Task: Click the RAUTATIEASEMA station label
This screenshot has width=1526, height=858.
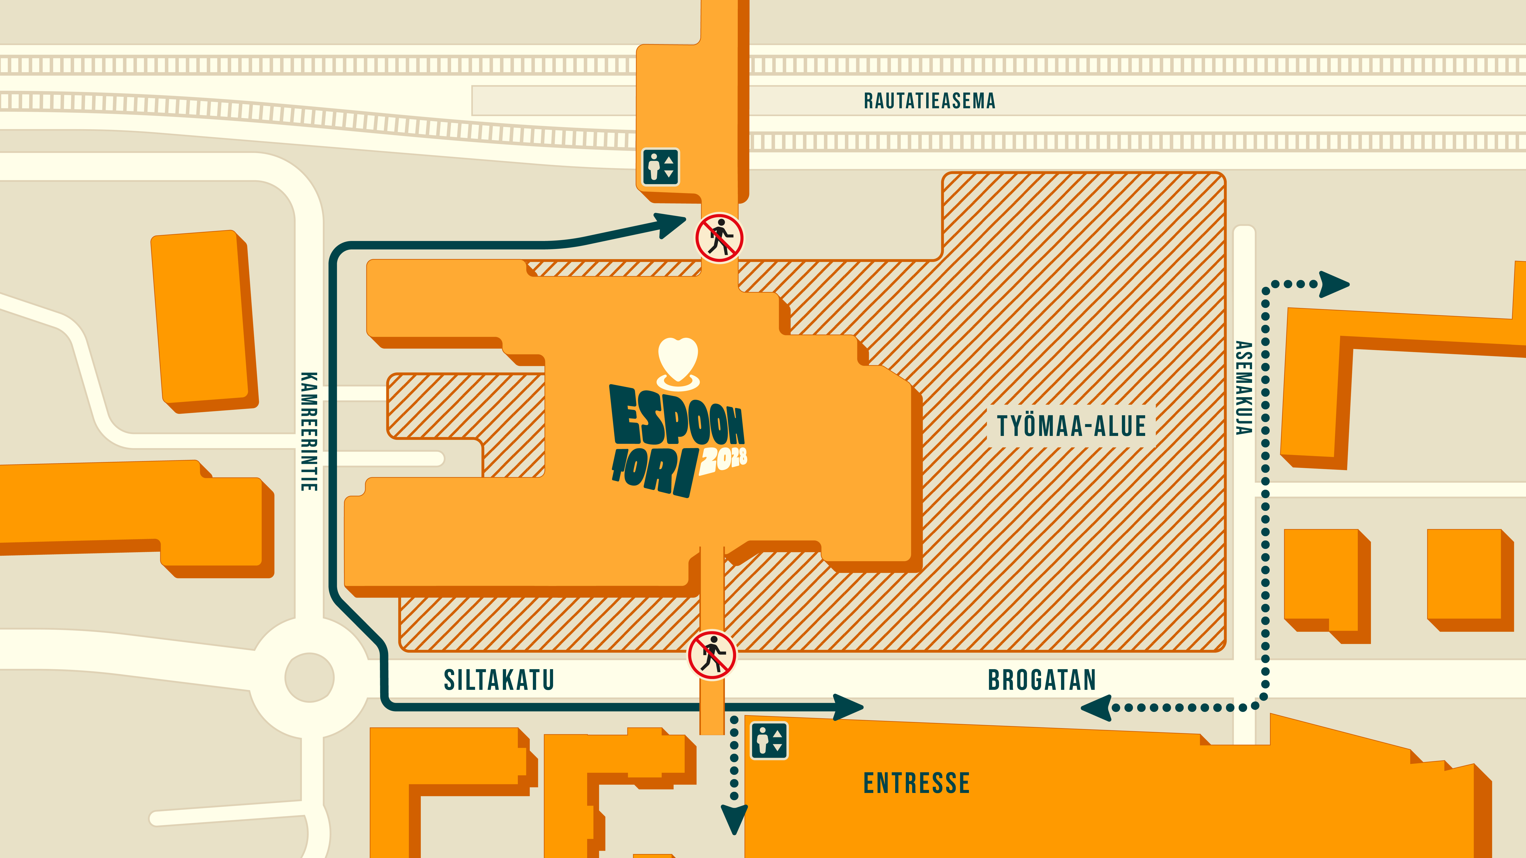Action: coord(929,101)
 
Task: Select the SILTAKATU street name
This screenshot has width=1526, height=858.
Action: coord(499,680)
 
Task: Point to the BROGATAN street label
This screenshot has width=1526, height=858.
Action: coord(1042,680)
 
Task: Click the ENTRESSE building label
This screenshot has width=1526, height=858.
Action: coord(917,783)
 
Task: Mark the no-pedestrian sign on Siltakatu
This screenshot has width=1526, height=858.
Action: coord(712,655)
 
